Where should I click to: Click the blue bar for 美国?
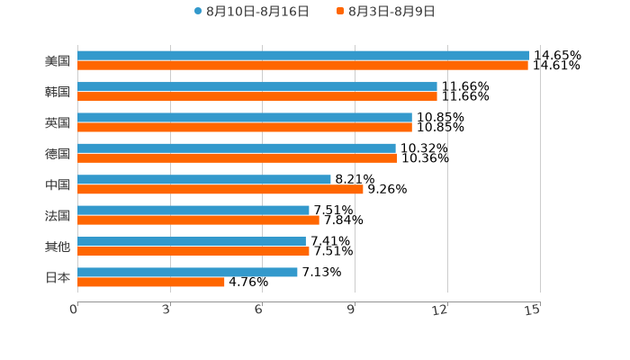pos(303,56)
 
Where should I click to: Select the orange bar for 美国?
pos(302,66)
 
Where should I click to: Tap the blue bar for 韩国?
pos(257,86)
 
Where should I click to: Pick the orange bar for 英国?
pos(245,127)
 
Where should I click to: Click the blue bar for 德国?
pos(237,148)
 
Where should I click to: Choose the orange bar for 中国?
pos(220,189)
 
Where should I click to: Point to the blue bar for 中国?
pos(204,179)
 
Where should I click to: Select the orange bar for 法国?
pos(198,220)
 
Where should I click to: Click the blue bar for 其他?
pos(192,241)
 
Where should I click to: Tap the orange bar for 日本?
pos(151,282)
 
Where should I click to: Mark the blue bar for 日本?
pos(187,272)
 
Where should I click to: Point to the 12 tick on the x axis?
pos(440,310)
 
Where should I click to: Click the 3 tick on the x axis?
pos(166,310)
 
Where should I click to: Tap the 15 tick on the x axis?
pos(533,310)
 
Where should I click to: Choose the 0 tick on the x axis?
pos(74,310)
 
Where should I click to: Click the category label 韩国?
pos(58,92)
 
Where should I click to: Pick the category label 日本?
pos(58,277)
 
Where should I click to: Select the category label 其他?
pos(58,247)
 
